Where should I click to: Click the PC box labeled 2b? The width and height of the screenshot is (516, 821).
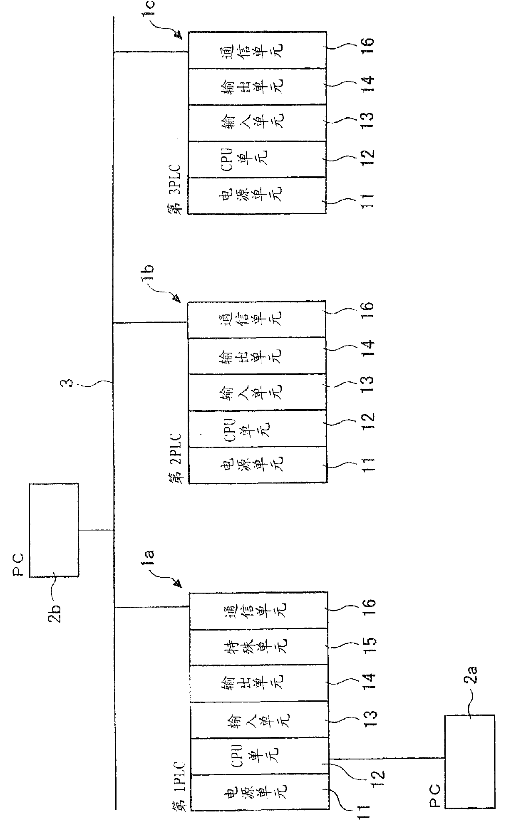click(x=53, y=529)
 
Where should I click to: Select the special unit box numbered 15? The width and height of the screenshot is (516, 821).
click(x=258, y=646)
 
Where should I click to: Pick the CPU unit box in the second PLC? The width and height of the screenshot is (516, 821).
click(x=257, y=428)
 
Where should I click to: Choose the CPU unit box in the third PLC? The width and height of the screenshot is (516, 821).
click(x=257, y=159)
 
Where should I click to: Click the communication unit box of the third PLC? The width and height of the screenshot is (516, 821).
click(x=257, y=50)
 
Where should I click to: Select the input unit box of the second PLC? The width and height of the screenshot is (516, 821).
click(x=257, y=392)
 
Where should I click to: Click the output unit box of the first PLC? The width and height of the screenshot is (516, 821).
click(x=258, y=683)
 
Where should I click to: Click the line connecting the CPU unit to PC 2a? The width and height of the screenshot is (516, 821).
click(x=387, y=757)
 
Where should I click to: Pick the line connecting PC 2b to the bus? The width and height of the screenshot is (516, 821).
click(x=96, y=530)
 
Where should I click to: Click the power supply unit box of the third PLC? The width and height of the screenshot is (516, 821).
click(x=257, y=195)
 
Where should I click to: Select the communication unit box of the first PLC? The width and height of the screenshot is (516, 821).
click(x=258, y=610)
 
